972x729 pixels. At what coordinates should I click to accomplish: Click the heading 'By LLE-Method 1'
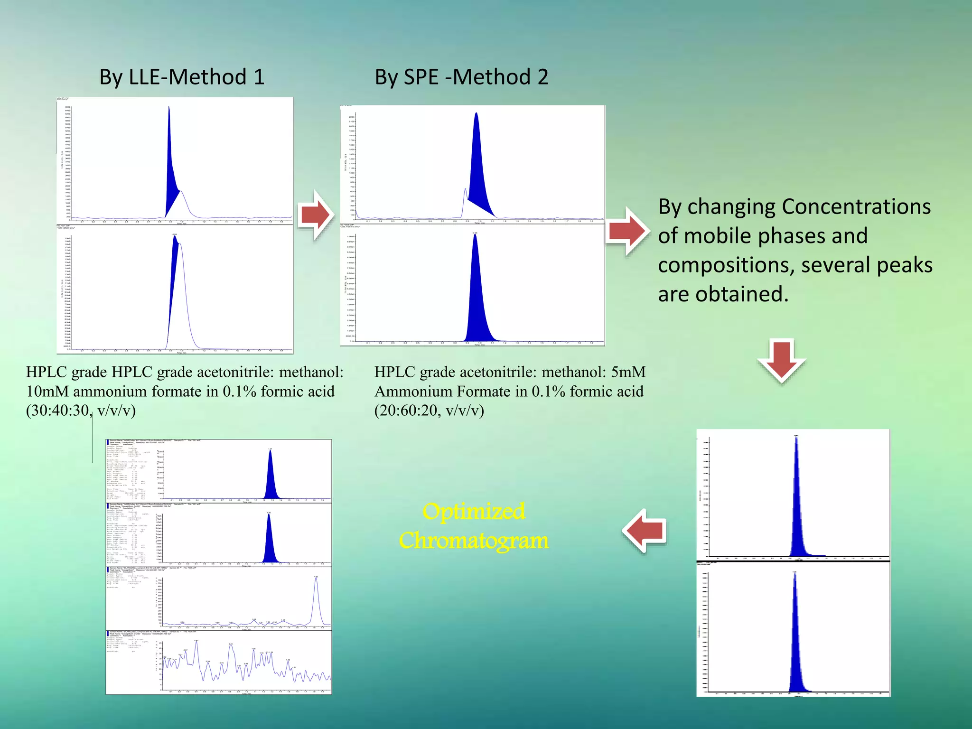point(182,77)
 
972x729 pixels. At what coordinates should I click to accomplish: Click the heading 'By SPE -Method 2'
point(461,77)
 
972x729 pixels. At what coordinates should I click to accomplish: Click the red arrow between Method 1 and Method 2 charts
point(316,215)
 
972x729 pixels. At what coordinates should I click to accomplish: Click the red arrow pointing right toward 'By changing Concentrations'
point(627,232)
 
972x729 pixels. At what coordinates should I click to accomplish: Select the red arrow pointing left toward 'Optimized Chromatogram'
point(645,531)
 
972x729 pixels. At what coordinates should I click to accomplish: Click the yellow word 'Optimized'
point(474,512)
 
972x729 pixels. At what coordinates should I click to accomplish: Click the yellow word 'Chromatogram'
point(474,541)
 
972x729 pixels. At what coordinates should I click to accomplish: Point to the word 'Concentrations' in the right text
point(856,207)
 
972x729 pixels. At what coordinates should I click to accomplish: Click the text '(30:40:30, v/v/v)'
point(81,410)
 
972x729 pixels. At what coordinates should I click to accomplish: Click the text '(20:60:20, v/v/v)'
point(429,410)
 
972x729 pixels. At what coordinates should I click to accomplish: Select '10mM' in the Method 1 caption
point(47,392)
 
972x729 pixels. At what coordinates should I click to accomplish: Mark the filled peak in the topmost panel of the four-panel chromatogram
point(271,479)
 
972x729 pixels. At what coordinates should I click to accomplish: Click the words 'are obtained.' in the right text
point(723,294)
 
